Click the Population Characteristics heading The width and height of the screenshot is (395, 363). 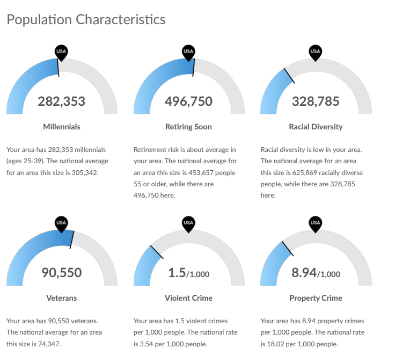tap(86, 20)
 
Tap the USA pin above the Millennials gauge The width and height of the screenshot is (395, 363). tap(61, 53)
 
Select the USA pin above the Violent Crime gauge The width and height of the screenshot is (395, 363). tap(188, 224)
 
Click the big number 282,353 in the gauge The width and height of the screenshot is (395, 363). tap(62, 101)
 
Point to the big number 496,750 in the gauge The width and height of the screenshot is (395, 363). tap(189, 101)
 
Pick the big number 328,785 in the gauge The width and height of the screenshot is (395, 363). tap(316, 101)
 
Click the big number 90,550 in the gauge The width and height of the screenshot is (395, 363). tap(62, 273)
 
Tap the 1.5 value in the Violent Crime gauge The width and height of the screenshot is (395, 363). tap(177, 273)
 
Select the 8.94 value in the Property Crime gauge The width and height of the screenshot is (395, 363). tap(304, 273)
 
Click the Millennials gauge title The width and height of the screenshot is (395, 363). tap(62, 127)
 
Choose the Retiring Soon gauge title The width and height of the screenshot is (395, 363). tap(188, 127)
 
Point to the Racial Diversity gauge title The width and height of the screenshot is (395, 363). tap(316, 127)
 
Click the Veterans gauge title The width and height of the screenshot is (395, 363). tap(62, 298)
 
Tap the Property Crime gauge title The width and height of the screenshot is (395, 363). tap(316, 298)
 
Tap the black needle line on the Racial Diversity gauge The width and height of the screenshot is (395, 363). tap(289, 76)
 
